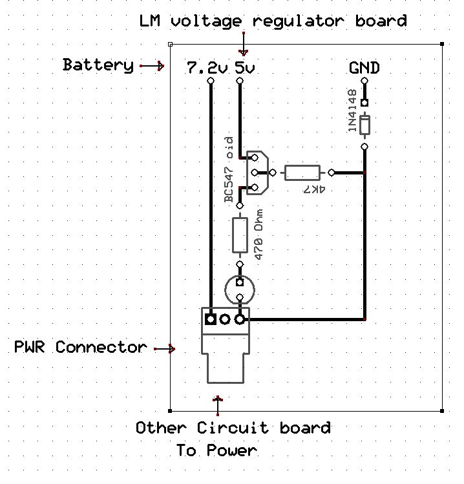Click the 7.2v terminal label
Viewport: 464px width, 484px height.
pyautogui.click(x=207, y=68)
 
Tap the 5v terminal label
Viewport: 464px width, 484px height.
pyautogui.click(x=244, y=68)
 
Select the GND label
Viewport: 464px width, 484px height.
pyautogui.click(x=364, y=68)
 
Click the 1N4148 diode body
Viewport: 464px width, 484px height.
pyautogui.click(x=364, y=125)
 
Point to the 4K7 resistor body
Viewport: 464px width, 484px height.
pyautogui.click(x=302, y=173)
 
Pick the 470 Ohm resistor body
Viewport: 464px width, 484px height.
pyautogui.click(x=240, y=235)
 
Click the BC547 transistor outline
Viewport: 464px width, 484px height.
pyautogui.click(x=257, y=173)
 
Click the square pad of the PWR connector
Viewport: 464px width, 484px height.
pyautogui.click(x=211, y=319)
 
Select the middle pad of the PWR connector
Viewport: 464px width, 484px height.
pyautogui.click(x=225, y=319)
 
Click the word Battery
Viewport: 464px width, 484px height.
pyautogui.click(x=98, y=65)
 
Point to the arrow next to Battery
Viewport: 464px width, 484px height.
pyautogui.click(x=152, y=66)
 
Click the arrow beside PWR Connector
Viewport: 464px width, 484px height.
pyautogui.click(x=164, y=349)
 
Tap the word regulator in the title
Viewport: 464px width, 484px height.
pyautogui.click(x=298, y=21)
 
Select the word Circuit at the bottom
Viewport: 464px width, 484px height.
pyautogui.click(x=233, y=428)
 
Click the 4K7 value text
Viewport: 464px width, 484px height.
pyautogui.click(x=314, y=189)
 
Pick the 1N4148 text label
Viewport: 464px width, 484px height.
pyautogui.click(x=352, y=110)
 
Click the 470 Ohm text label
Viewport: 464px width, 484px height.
pyautogui.click(x=258, y=235)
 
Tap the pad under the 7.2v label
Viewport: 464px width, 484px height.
pyautogui.click(x=211, y=81)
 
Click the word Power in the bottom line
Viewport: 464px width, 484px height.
pyautogui.click(x=231, y=450)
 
